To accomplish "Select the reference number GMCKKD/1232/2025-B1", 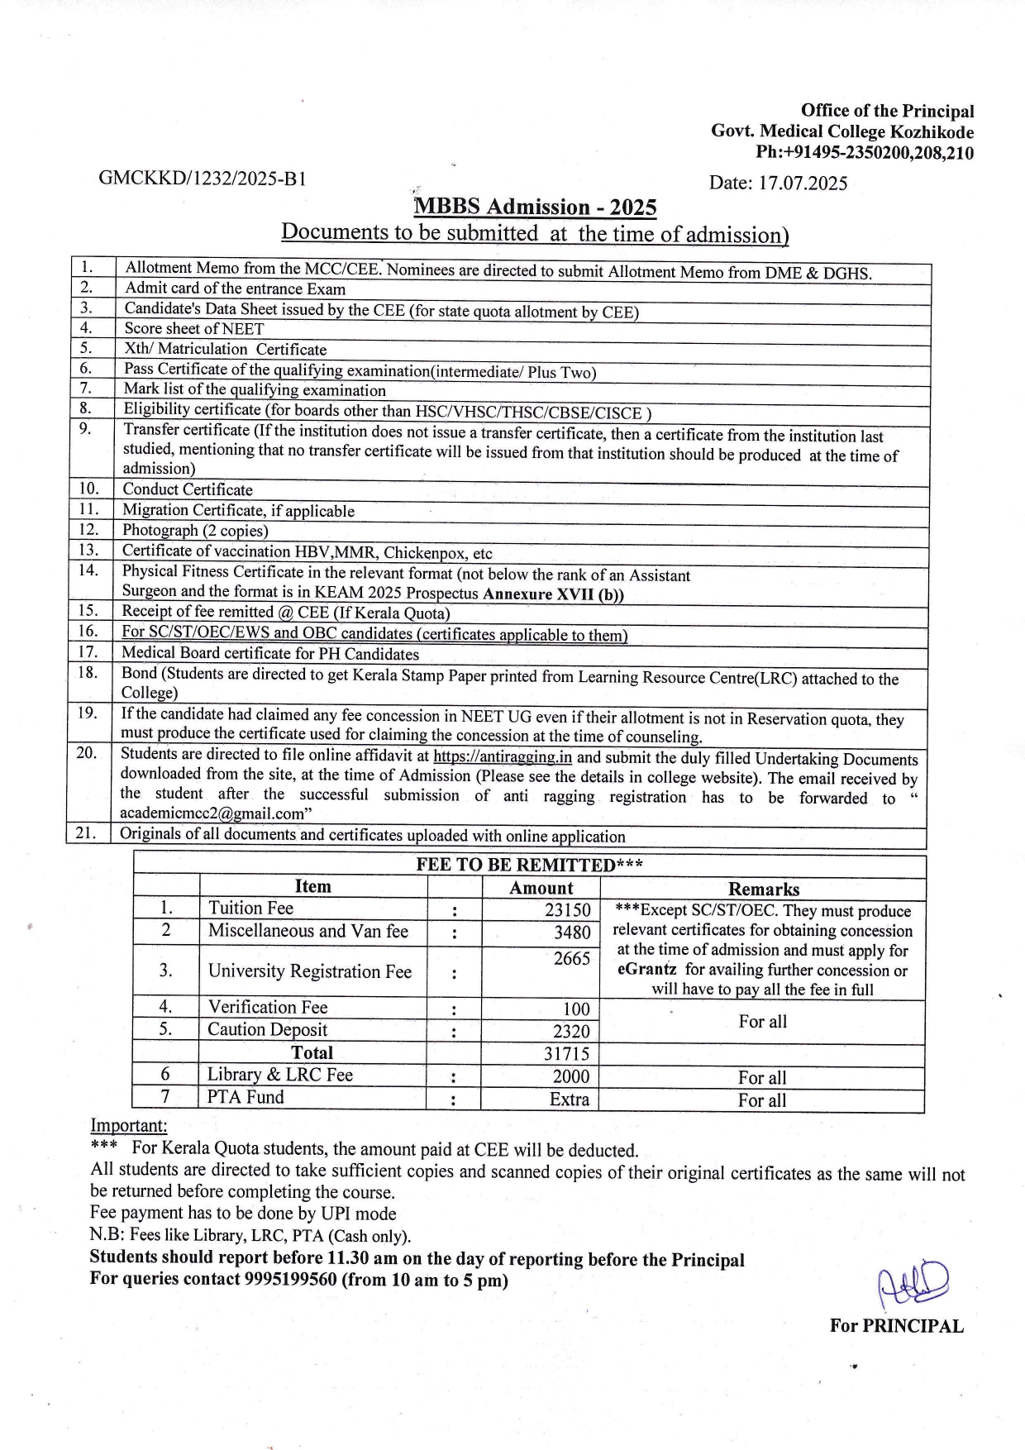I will point(203,178).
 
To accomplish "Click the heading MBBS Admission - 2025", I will point(536,207).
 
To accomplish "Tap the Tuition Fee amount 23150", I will point(567,910).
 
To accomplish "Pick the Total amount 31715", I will point(567,1054).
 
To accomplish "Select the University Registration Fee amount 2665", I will point(571,959).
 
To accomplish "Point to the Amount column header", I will point(541,889).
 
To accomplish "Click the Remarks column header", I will point(763,890).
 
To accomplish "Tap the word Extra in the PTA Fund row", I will point(570,1099).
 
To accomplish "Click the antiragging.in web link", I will point(503,756).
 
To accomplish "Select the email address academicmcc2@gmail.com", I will point(209,814).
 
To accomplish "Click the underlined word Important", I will point(128,1125).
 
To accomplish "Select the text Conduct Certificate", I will point(188,489).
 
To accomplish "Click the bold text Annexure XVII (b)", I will point(553,594).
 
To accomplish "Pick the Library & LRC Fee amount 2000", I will point(571,1076).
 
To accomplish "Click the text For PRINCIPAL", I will point(897,1326).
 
